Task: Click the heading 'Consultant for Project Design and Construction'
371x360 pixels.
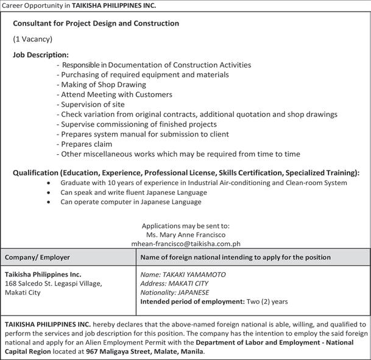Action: click(96, 23)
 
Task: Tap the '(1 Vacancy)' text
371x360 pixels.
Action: click(33, 39)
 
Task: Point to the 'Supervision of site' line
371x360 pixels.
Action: click(93, 104)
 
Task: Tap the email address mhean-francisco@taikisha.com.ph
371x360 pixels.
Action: click(186, 243)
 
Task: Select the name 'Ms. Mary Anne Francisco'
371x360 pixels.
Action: click(186, 235)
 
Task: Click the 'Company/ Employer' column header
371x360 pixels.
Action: click(37, 257)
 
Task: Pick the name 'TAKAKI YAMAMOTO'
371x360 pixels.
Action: click(183, 274)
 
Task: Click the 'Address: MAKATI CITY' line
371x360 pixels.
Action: click(174, 283)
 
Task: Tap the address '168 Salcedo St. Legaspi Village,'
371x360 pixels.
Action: click(54, 283)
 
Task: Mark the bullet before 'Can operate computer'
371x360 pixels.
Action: click(48, 202)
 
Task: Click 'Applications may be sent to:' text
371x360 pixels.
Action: click(185, 225)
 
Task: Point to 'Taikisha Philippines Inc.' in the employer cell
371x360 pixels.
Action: click(43, 274)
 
